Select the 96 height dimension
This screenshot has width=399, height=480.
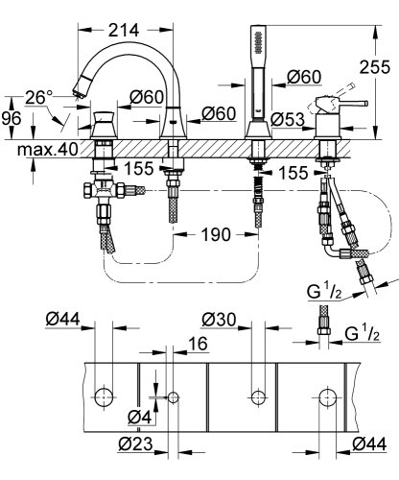pos(12,118)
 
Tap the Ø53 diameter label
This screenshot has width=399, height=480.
pos(286,119)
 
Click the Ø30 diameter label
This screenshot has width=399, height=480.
pos(220,318)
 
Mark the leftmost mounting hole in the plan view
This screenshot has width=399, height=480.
pos(105,396)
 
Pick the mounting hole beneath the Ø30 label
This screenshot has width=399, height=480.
pos(256,396)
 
